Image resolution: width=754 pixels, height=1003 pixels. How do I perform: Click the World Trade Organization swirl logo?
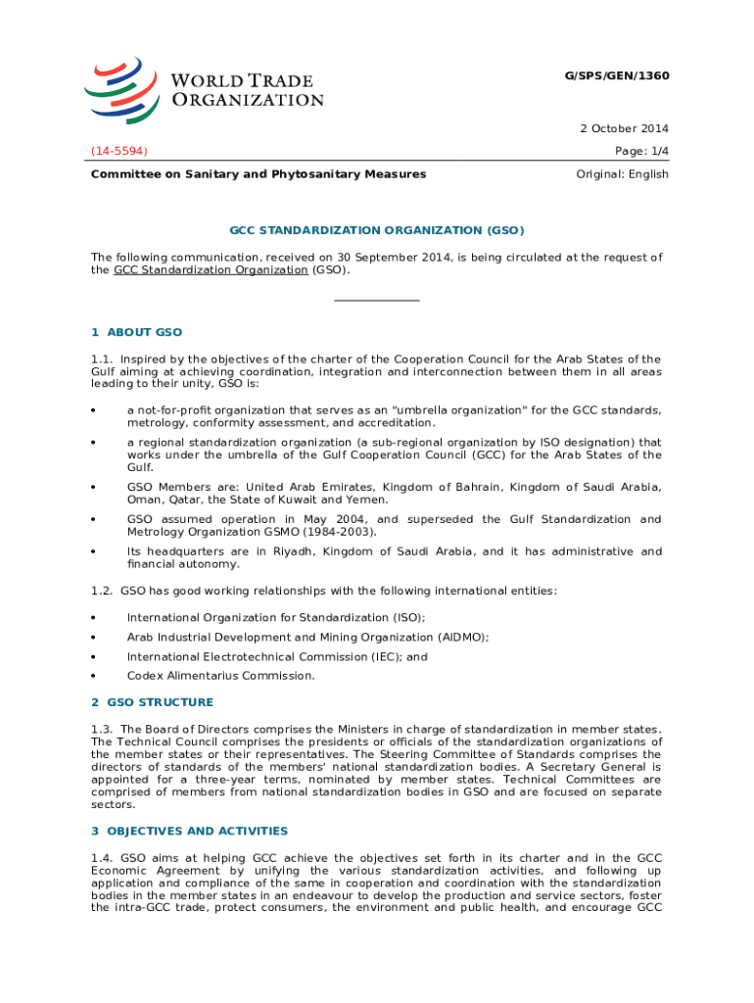[123, 87]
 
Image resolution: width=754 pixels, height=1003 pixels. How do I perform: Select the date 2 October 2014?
[623, 129]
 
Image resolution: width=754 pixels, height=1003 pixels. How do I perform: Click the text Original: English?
[623, 174]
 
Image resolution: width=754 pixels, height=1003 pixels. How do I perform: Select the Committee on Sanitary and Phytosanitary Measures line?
[259, 174]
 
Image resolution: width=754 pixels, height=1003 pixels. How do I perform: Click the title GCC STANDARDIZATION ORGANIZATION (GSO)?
[377, 231]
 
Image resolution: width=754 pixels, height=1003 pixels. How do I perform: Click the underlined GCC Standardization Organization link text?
[211, 269]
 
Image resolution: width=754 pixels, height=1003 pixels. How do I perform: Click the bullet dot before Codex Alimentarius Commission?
[93, 676]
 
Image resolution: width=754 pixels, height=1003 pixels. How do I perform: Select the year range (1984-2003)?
[335, 532]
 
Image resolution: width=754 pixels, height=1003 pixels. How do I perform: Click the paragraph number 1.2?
[102, 591]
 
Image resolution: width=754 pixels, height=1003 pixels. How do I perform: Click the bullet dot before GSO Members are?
[93, 488]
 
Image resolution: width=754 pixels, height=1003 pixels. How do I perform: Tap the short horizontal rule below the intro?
[377, 300]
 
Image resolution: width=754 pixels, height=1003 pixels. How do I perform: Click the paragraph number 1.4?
[102, 857]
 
